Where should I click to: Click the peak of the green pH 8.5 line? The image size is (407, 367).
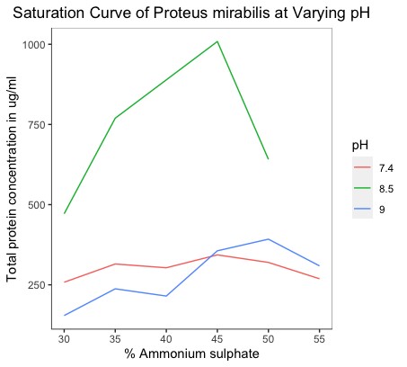pyautogui.click(x=217, y=41)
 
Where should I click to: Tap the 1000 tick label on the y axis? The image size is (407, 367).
pyautogui.click(x=33, y=44)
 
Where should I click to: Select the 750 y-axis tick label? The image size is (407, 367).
pyautogui.click(x=36, y=124)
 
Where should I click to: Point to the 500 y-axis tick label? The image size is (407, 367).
pyautogui.click(x=36, y=205)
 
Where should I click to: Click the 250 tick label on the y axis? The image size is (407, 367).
pyautogui.click(x=36, y=285)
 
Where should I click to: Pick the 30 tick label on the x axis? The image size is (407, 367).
pyautogui.click(x=64, y=339)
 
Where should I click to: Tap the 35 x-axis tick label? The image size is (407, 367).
pyautogui.click(x=115, y=339)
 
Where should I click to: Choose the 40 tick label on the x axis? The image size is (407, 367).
pyautogui.click(x=166, y=339)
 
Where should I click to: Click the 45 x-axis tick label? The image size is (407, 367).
pyautogui.click(x=217, y=339)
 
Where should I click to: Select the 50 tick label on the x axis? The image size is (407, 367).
pyautogui.click(x=268, y=339)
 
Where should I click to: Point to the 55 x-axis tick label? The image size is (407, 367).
pyautogui.click(x=319, y=339)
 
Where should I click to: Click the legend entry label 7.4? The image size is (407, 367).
pyautogui.click(x=386, y=168)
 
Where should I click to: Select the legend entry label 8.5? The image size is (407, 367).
pyautogui.click(x=386, y=189)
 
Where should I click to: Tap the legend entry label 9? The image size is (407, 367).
pyautogui.click(x=382, y=210)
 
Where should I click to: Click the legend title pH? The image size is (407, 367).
pyautogui.click(x=360, y=146)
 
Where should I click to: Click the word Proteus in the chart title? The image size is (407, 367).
pyautogui.click(x=180, y=13)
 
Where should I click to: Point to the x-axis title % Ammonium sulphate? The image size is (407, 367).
pyautogui.click(x=191, y=354)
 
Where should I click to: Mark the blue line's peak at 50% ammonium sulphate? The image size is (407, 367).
pyautogui.click(x=268, y=239)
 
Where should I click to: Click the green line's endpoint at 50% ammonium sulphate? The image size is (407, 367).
pyautogui.click(x=268, y=158)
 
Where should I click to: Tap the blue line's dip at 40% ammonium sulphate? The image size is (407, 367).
pyautogui.click(x=166, y=296)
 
